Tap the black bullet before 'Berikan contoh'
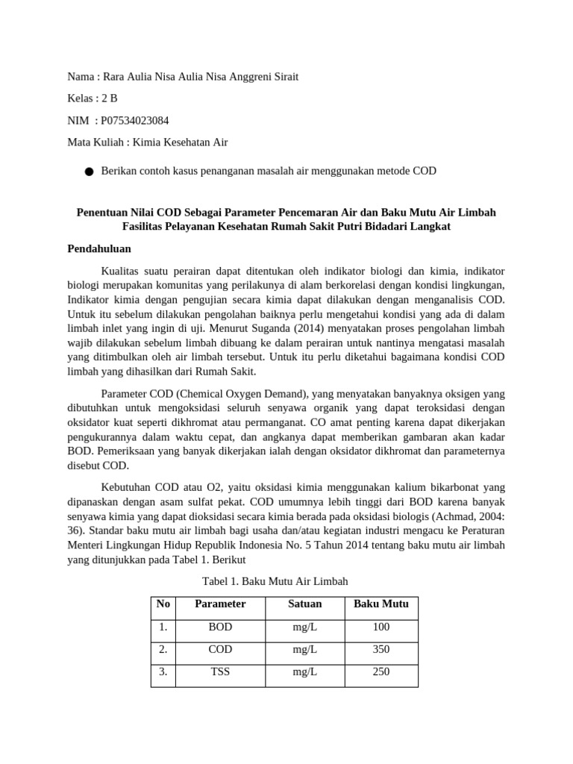(x=89, y=172)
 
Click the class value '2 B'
(x=110, y=98)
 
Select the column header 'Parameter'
(x=220, y=604)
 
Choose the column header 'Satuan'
(x=304, y=604)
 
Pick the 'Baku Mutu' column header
(x=381, y=604)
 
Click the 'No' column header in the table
(x=162, y=604)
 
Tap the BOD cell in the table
(x=220, y=627)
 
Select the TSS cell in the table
(x=220, y=671)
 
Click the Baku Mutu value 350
(x=381, y=649)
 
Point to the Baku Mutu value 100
(x=381, y=627)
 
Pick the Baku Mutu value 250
(x=381, y=671)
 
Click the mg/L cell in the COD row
(x=304, y=649)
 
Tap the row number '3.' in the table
(x=162, y=671)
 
